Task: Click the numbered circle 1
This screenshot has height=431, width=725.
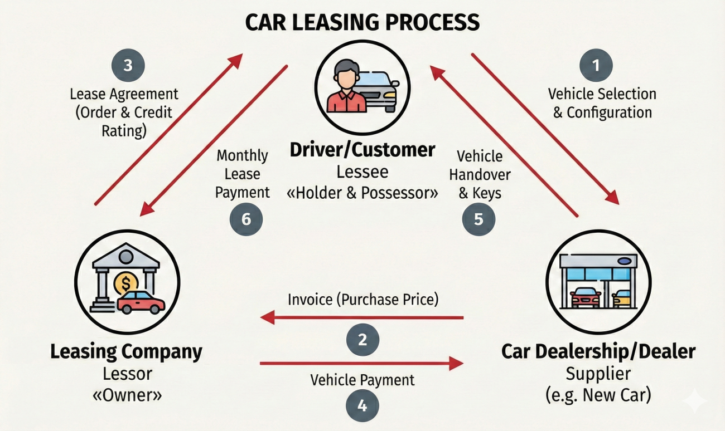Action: pyautogui.click(x=596, y=66)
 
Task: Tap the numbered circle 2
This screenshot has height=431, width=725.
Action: pyautogui.click(x=362, y=339)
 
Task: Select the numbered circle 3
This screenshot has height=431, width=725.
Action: pyautogui.click(x=128, y=66)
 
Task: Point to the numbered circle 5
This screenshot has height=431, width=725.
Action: pyautogui.click(x=478, y=219)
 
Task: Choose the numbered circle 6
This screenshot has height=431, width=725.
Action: pyautogui.click(x=246, y=219)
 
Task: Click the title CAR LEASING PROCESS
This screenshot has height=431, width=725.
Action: pyautogui.click(x=362, y=22)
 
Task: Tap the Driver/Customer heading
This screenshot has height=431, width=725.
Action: pyautogui.click(x=362, y=150)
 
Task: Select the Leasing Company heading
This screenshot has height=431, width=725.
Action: pyautogui.click(x=127, y=352)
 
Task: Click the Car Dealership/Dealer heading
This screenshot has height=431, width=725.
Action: pyautogui.click(x=598, y=351)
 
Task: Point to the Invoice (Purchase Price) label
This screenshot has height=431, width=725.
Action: pyautogui.click(x=363, y=300)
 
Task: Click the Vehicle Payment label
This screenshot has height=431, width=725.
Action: pyautogui.click(x=362, y=380)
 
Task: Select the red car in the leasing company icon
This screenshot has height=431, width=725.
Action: pyautogui.click(x=141, y=302)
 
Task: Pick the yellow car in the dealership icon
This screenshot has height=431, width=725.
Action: pyautogui.click(x=621, y=298)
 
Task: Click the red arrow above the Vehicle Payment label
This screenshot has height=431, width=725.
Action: pyautogui.click(x=361, y=364)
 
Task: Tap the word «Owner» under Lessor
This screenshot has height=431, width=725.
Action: pyautogui.click(x=126, y=396)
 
